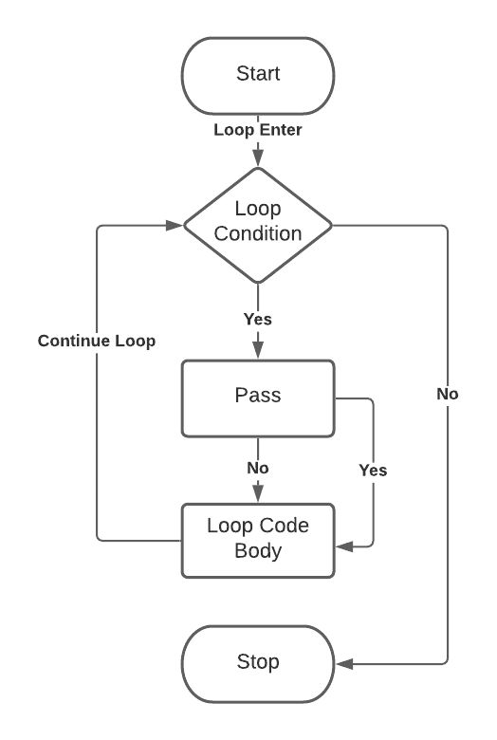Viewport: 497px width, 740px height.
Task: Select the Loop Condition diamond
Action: (258, 226)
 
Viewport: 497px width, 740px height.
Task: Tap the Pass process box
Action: (258, 398)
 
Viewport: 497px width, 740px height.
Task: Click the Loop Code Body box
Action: (258, 539)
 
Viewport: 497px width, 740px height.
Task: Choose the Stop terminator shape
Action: (258, 663)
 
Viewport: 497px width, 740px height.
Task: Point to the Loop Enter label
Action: (258, 130)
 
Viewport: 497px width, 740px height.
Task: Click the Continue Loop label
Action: (97, 341)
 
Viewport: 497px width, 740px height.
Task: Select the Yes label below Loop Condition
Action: (258, 319)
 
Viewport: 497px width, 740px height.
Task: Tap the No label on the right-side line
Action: (448, 393)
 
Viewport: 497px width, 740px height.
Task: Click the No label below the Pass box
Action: (258, 468)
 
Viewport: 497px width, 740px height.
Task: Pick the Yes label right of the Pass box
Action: (373, 470)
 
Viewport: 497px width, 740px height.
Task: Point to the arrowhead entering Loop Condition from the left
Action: (174, 226)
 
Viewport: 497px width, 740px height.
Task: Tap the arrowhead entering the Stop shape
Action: (343, 663)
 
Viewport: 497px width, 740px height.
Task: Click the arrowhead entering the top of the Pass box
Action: (258, 352)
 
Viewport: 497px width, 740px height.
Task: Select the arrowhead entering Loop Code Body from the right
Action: (343, 546)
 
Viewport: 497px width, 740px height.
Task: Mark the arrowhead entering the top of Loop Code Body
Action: (258, 494)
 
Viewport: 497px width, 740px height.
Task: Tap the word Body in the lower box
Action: (258, 550)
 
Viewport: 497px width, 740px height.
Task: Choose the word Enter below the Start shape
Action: (281, 130)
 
